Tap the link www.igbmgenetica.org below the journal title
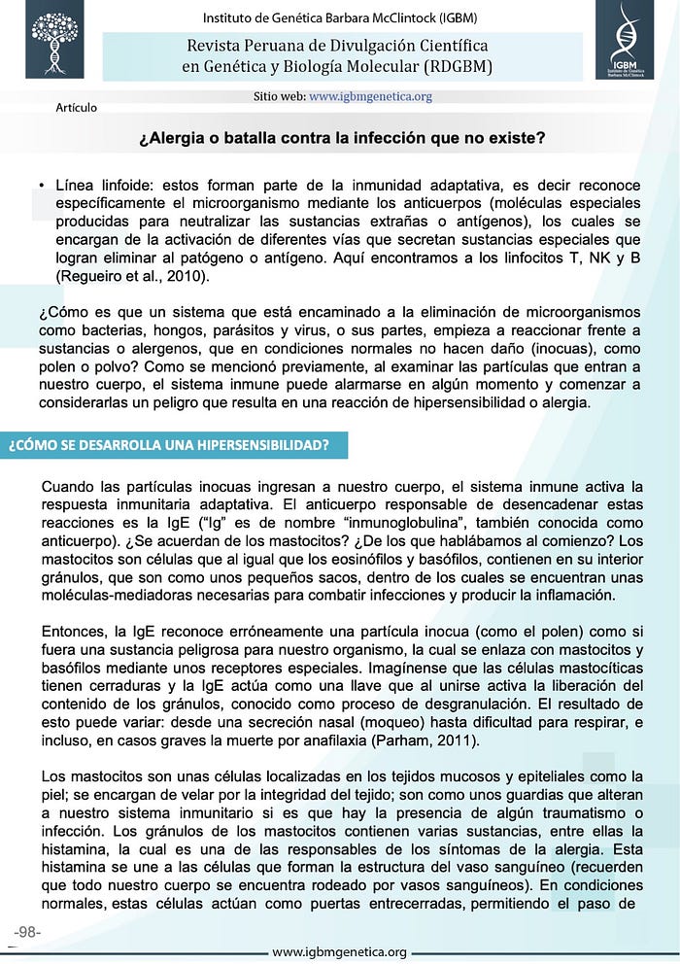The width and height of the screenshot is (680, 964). (371, 96)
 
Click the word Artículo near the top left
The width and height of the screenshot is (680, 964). (77, 107)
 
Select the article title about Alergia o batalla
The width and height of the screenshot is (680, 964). (342, 139)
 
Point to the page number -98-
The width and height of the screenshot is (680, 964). (27, 932)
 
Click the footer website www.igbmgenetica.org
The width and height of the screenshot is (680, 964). (340, 952)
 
